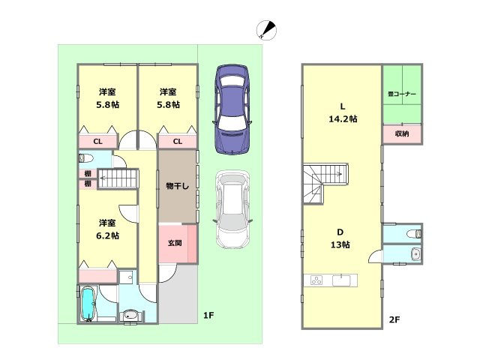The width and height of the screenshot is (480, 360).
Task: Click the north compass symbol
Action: pos(265,30)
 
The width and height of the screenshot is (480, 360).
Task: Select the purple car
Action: pos(232,109)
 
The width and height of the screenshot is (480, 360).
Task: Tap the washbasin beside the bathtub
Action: pos(132,316)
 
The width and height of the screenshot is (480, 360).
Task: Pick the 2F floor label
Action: pos(394,320)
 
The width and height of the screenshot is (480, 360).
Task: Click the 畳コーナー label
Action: pos(402,94)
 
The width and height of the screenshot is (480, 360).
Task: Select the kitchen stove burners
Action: pos(316,281)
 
